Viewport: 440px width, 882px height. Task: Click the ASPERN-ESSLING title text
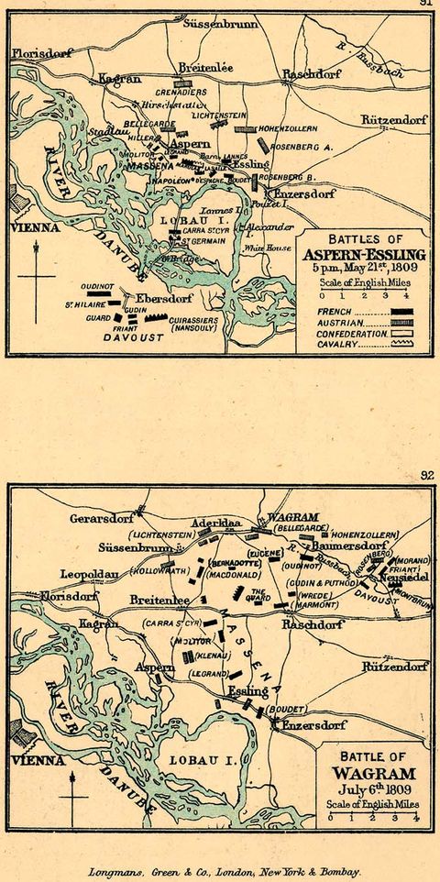click(365, 254)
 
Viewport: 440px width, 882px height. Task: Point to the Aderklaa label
click(215, 523)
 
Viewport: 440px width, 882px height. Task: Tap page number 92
click(425, 476)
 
